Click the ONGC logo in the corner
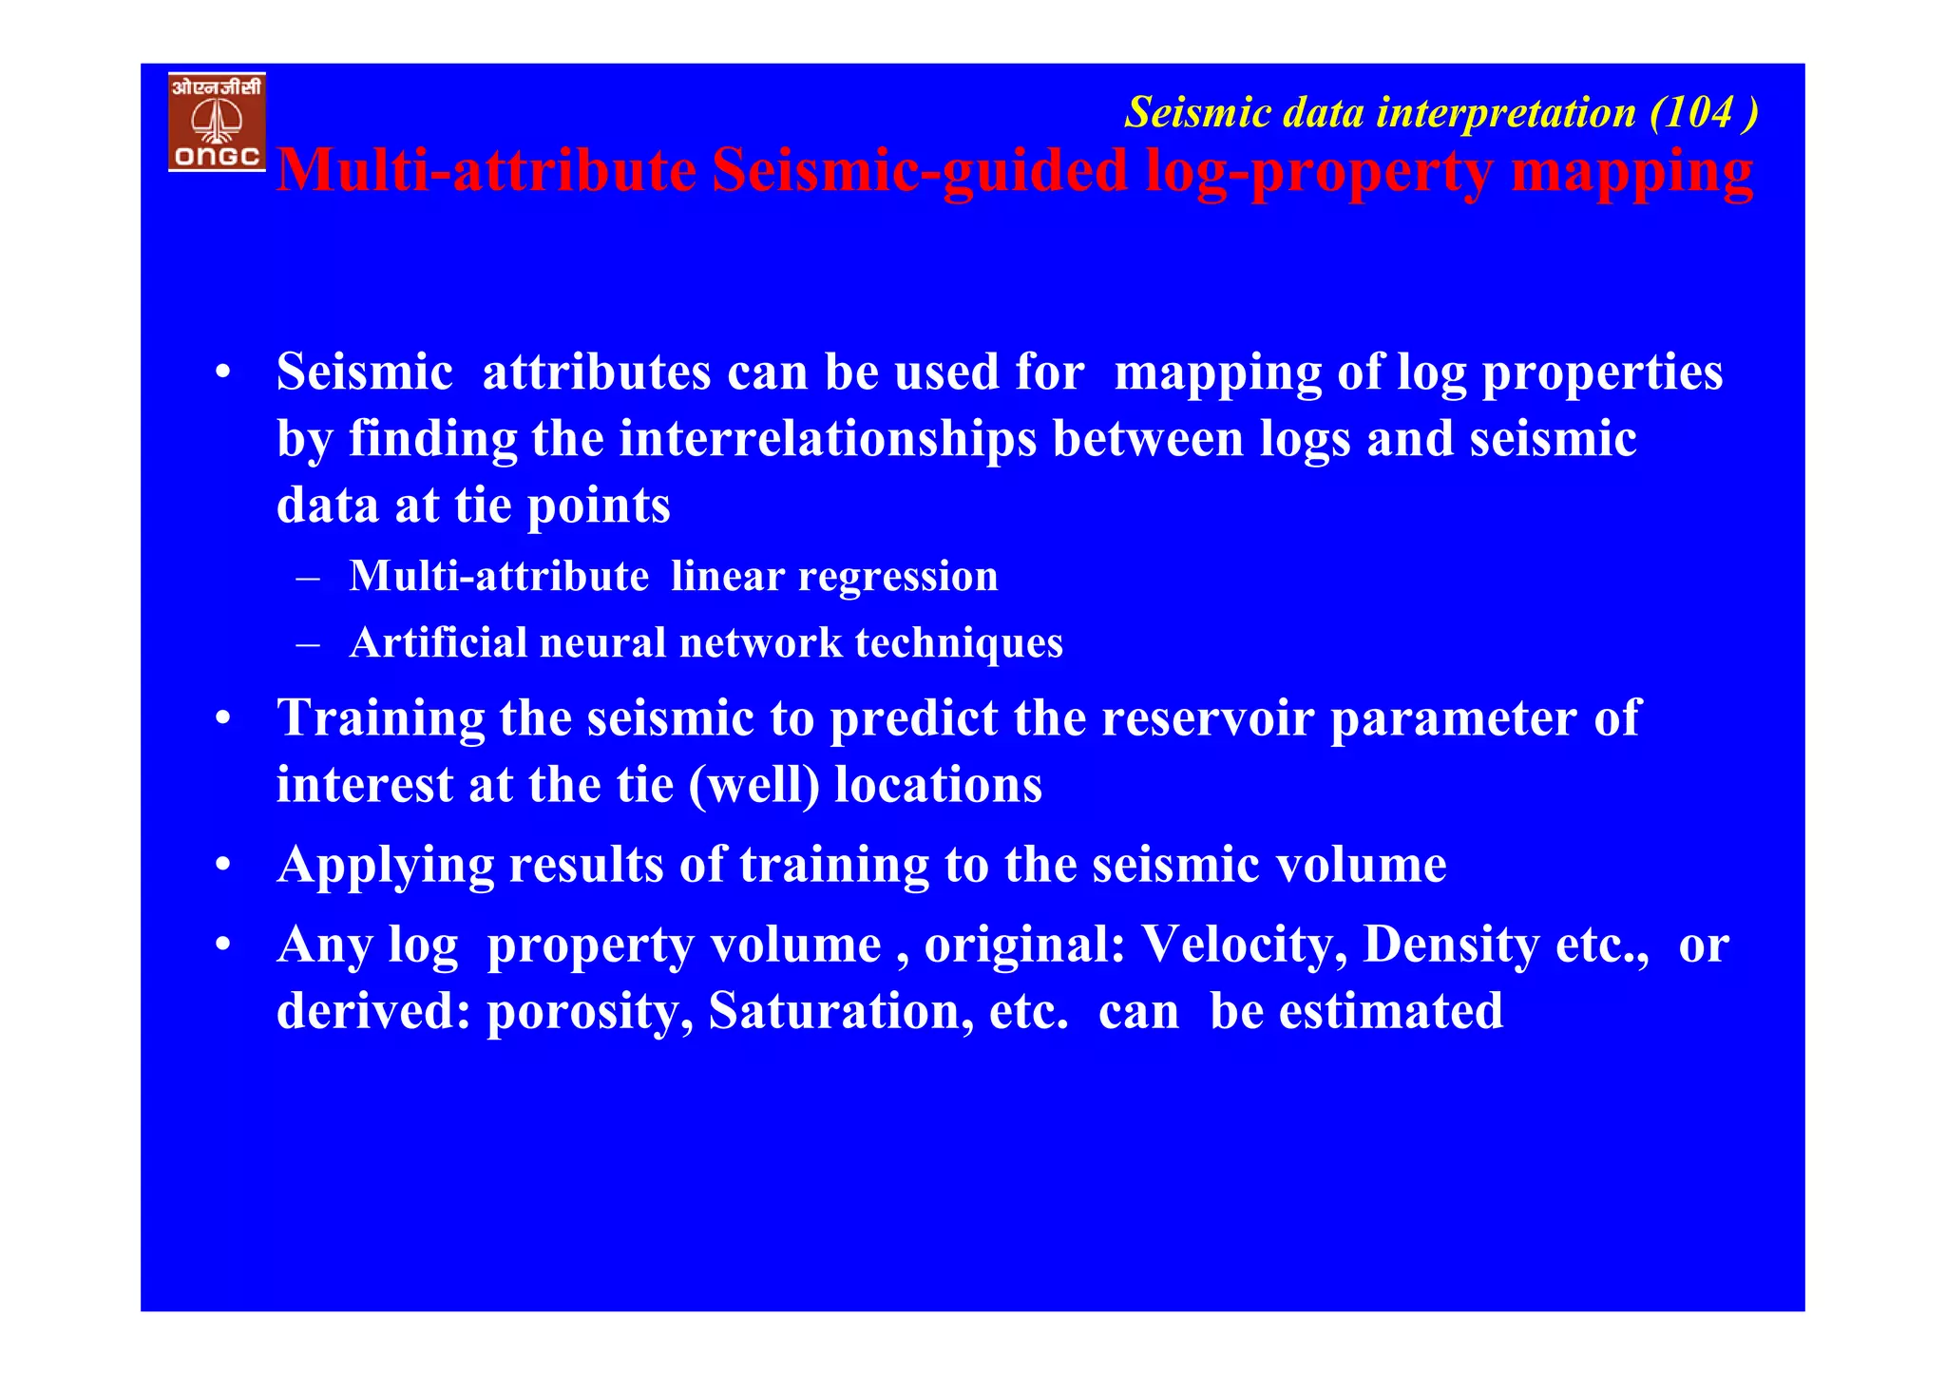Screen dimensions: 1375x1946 [217, 122]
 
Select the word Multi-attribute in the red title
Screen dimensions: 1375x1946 [486, 172]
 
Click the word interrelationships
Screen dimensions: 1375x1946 [827, 440]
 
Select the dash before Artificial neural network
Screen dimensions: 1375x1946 [307, 644]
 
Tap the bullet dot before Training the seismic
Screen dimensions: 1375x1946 [222, 719]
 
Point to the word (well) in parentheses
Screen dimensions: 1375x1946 [754, 786]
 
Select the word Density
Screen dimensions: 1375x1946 [1451, 945]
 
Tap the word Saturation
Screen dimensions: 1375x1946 [841, 1012]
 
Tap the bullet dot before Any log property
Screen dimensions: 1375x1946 [222, 945]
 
